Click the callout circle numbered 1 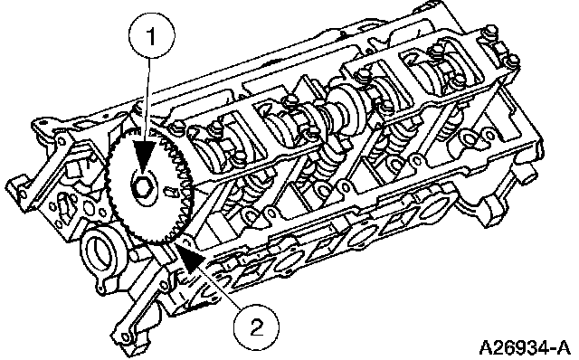[151, 35]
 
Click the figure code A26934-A [525, 347]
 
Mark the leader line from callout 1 [148, 100]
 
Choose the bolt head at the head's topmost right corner [491, 33]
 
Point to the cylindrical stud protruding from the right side [531, 173]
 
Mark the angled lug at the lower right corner [490, 211]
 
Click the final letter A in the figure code [563, 347]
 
